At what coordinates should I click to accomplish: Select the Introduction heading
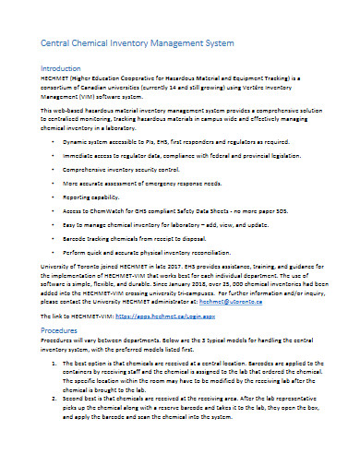coord(53,69)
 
